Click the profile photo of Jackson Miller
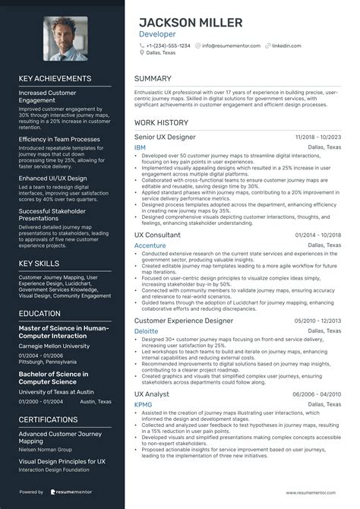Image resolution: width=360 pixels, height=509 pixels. (65, 37)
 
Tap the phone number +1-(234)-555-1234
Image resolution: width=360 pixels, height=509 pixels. (169, 46)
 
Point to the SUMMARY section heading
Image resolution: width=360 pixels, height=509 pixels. (153, 78)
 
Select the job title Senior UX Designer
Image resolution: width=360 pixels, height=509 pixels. (165, 137)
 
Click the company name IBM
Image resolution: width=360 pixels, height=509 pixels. (140, 147)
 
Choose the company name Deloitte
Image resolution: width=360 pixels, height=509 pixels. (146, 331)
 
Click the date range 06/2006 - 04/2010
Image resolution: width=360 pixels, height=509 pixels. (314, 395)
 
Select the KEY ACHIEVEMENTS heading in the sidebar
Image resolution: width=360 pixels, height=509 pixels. (55, 78)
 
